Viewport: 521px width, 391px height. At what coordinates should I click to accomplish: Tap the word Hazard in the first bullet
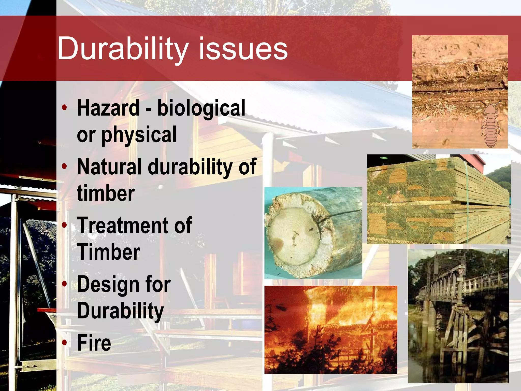pos(108,108)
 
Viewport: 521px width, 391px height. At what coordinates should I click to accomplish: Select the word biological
pos(201,108)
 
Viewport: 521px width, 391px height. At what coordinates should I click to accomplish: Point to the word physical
pos(139,135)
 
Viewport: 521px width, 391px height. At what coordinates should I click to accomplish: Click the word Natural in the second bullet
pos(109,166)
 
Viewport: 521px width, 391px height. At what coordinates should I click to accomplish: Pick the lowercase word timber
pos(106,193)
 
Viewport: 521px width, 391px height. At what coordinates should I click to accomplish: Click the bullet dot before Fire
pos(65,343)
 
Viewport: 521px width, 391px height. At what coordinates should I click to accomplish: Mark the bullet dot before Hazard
pos(65,107)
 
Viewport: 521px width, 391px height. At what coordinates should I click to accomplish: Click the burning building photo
pos(331,330)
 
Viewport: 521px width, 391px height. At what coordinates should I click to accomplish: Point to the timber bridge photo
pos(458,316)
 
